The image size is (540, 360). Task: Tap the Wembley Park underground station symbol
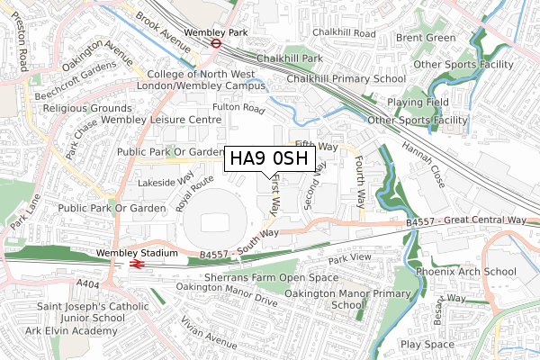click(x=216, y=41)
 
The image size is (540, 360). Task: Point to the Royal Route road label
click(x=196, y=192)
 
